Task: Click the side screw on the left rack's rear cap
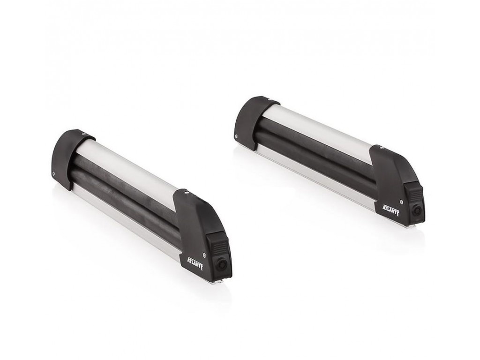54,173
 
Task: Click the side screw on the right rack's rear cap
237,136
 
